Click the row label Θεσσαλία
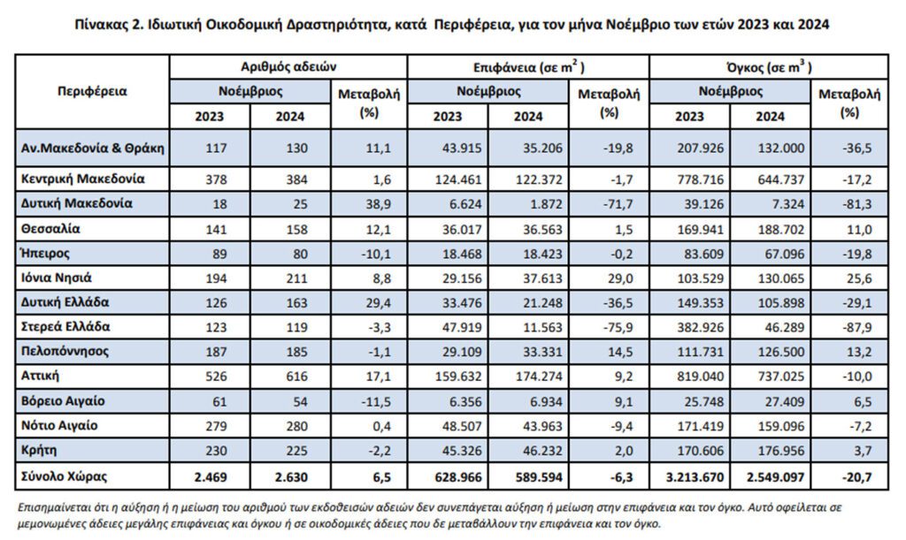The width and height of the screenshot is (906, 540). click(x=50, y=228)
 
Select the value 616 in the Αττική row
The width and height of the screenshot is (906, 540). click(x=296, y=376)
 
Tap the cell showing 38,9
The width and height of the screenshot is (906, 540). click(x=379, y=204)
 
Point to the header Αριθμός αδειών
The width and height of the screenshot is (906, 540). click(x=288, y=67)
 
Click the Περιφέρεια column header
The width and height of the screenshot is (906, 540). click(x=92, y=92)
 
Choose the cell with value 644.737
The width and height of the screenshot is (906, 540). click(x=780, y=179)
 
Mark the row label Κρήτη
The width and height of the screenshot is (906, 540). click(x=39, y=450)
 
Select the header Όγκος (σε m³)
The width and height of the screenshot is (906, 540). click(x=769, y=67)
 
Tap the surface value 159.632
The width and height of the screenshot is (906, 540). click(x=457, y=376)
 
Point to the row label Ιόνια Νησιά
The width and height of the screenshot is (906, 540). click(x=56, y=278)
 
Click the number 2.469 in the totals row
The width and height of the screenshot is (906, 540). click(x=211, y=477)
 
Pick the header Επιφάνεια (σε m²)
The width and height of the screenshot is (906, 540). click(x=529, y=67)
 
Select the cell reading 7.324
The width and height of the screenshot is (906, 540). click(x=787, y=204)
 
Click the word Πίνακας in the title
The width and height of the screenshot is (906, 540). click(x=99, y=25)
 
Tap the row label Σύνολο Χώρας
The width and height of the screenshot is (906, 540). click(x=64, y=476)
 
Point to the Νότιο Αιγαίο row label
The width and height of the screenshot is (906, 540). click(x=59, y=425)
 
